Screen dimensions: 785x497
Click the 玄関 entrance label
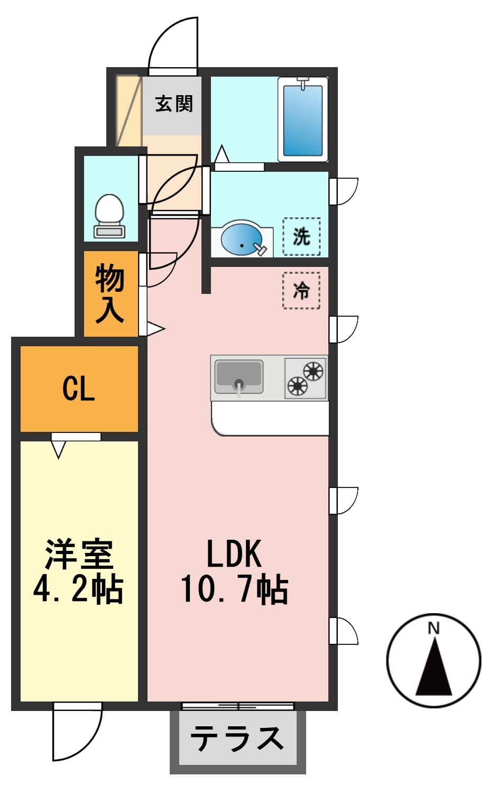(x=174, y=104)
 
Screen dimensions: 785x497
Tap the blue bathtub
(x=302, y=119)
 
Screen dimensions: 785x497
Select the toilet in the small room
(x=109, y=215)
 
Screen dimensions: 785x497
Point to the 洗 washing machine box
(x=301, y=236)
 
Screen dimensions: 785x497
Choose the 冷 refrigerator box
(x=301, y=290)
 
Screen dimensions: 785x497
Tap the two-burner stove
(x=306, y=378)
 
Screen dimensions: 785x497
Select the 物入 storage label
(x=110, y=294)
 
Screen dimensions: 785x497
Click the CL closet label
(x=79, y=389)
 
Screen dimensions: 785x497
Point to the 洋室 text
(x=79, y=554)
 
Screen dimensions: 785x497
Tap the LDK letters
(x=234, y=554)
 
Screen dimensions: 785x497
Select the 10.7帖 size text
(x=234, y=589)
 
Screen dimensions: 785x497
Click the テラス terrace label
(x=237, y=738)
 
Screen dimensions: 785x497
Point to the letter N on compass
(x=434, y=628)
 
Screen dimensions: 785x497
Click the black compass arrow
(x=434, y=669)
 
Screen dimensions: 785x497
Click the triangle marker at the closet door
(x=58, y=449)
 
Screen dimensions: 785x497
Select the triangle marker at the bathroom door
(x=222, y=154)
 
